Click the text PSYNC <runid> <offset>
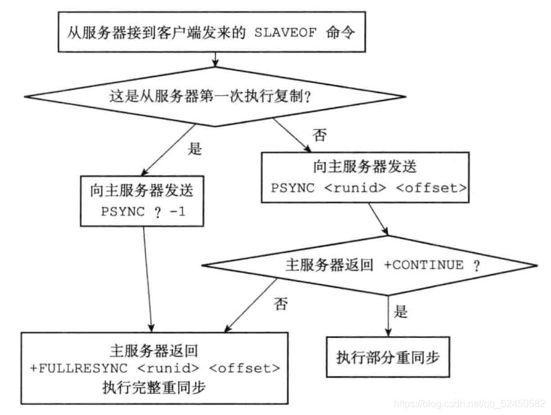369,188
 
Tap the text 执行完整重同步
155,387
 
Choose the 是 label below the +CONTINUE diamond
402,311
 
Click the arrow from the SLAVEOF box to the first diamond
215,59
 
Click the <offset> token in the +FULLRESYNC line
245,368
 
